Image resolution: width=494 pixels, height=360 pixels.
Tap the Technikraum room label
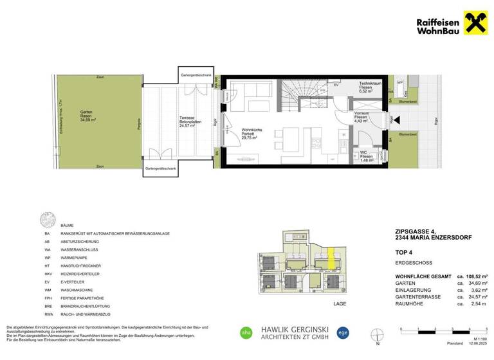pyautogui.click(x=371, y=87)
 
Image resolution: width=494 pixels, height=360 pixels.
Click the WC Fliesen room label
pyautogui.click(x=365, y=156)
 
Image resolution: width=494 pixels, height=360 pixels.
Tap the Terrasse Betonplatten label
pyautogui.click(x=188, y=122)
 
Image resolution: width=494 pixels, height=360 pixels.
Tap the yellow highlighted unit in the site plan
pyautogui.click(x=330, y=258)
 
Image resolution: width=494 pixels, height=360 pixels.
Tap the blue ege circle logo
pyautogui.click(x=343, y=332)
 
